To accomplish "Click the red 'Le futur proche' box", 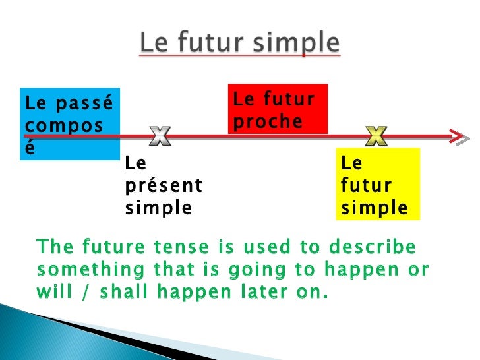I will (278, 109).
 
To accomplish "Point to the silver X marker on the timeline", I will (160, 136).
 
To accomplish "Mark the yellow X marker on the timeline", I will (376, 136).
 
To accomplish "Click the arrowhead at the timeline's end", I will (460, 136).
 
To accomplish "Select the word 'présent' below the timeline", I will (164, 186).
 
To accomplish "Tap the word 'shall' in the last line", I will (131, 291).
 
